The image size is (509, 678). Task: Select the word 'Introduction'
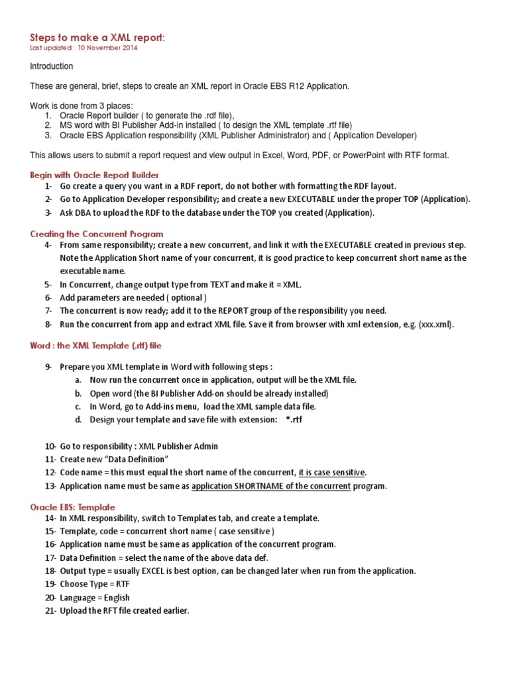[52, 66]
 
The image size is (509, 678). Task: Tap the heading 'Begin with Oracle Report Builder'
[95, 175]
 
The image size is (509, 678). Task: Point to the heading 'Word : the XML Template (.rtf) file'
[96, 345]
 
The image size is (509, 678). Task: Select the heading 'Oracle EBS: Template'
[72, 507]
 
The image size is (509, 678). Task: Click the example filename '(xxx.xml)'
[435, 324]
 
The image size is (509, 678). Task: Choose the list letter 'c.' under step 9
[78, 407]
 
